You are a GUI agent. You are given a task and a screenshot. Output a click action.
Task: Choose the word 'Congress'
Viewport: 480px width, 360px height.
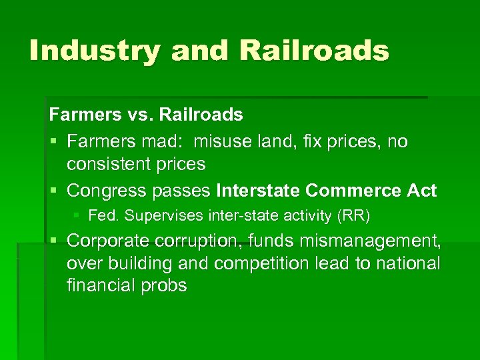coord(107,191)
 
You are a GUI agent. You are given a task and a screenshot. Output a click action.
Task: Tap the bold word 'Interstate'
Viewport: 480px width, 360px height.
coord(258,191)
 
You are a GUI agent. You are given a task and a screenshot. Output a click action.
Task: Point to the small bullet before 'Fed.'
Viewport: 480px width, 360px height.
coord(78,216)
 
